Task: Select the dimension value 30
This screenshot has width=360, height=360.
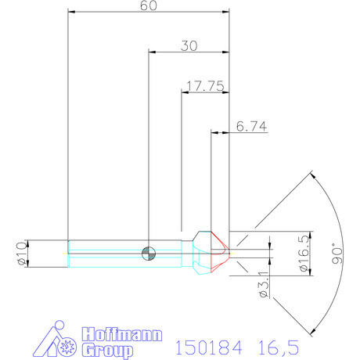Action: click(188, 46)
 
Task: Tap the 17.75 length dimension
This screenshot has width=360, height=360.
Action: click(201, 85)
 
